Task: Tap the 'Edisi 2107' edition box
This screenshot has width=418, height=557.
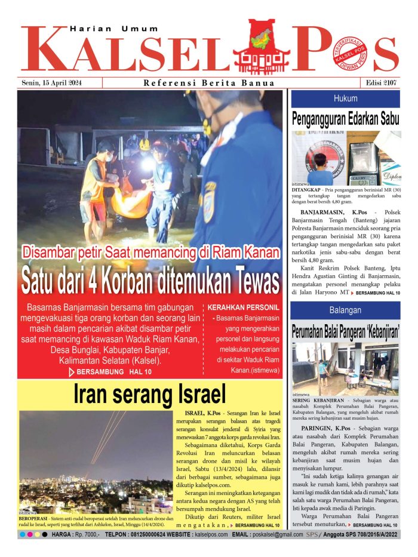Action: (x=379, y=83)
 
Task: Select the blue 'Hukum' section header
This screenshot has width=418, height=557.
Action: (x=346, y=99)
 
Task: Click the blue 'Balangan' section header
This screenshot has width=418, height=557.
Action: (x=346, y=310)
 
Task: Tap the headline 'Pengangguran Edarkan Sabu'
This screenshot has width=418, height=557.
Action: (x=346, y=118)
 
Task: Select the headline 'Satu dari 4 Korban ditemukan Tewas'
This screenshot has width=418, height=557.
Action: (x=150, y=279)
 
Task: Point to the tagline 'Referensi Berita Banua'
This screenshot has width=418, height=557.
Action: (x=209, y=83)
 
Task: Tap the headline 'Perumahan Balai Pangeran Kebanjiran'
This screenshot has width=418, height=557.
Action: (x=346, y=331)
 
